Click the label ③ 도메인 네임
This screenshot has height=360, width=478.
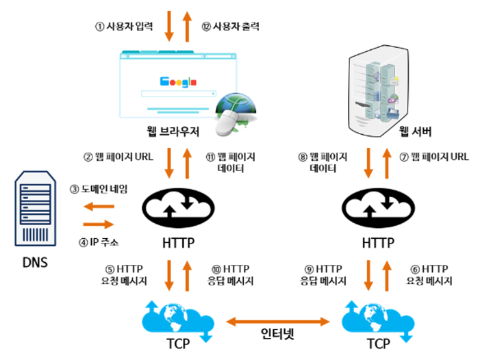[99, 188]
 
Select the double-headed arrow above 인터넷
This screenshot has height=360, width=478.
[277, 319]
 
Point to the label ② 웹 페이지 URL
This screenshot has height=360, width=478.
[118, 156]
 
